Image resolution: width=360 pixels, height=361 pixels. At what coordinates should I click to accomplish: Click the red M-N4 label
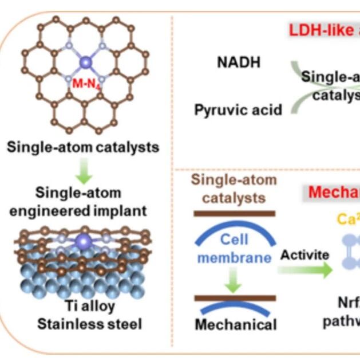click(87, 83)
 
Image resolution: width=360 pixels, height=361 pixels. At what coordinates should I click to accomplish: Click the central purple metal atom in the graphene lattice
click(87, 62)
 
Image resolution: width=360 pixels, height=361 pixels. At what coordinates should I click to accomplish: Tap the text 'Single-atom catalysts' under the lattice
click(83, 147)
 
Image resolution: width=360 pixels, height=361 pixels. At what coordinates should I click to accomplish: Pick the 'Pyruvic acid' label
click(238, 109)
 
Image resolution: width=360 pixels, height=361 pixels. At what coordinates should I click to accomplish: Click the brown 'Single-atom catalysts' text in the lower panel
click(234, 189)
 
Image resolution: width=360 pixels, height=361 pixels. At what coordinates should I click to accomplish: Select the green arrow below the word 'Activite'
click(307, 270)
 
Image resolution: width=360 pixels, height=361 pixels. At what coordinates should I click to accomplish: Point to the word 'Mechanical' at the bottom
click(236, 325)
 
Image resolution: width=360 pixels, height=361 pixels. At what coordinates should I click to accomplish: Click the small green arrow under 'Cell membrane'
click(234, 278)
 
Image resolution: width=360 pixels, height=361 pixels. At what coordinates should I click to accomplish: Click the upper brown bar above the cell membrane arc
click(234, 213)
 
